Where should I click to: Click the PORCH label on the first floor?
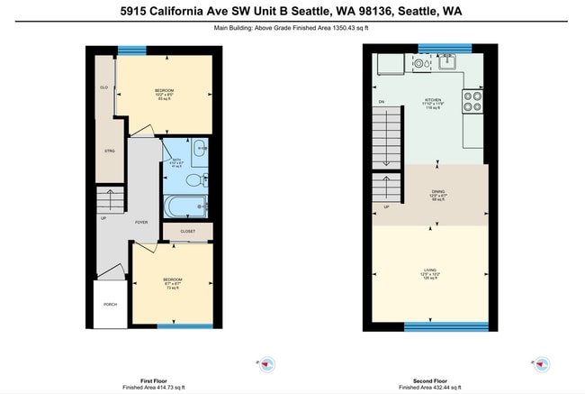click(110, 304)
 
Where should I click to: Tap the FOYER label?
click(141, 221)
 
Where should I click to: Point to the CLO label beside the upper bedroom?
click(104, 87)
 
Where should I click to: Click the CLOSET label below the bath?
click(187, 232)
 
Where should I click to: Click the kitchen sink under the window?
click(446, 62)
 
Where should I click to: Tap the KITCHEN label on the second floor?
click(433, 99)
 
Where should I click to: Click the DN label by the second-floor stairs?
click(382, 101)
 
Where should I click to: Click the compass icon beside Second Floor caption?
click(543, 364)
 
